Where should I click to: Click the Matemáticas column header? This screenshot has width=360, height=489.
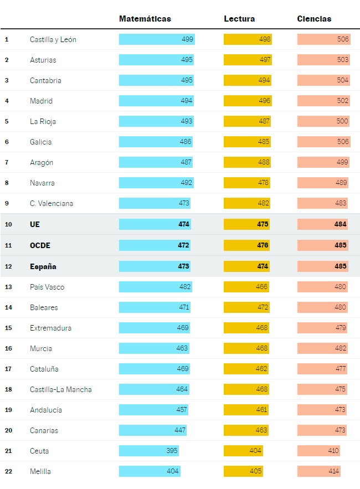click(145, 19)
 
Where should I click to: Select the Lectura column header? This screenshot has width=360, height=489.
click(239, 19)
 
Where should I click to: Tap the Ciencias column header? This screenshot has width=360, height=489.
click(314, 19)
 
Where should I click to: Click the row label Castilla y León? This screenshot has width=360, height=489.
click(53, 40)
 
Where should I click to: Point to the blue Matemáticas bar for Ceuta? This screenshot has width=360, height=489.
click(148, 451)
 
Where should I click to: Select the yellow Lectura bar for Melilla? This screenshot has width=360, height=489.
click(243, 471)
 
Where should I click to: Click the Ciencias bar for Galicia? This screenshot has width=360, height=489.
click(324, 142)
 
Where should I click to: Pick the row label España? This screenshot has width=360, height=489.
click(43, 266)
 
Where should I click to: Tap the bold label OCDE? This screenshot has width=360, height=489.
click(40, 245)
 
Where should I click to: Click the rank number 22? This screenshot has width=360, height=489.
click(8, 471)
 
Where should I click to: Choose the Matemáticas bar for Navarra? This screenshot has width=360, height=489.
click(156, 183)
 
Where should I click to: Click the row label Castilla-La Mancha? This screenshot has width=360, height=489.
click(61, 389)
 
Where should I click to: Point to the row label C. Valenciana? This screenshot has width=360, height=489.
click(52, 203)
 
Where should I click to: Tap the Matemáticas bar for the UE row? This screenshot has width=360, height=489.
click(155, 224)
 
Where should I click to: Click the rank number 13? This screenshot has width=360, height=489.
click(8, 287)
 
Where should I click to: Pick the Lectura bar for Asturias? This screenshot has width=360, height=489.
click(248, 60)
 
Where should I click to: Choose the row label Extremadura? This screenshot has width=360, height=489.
click(50, 328)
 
